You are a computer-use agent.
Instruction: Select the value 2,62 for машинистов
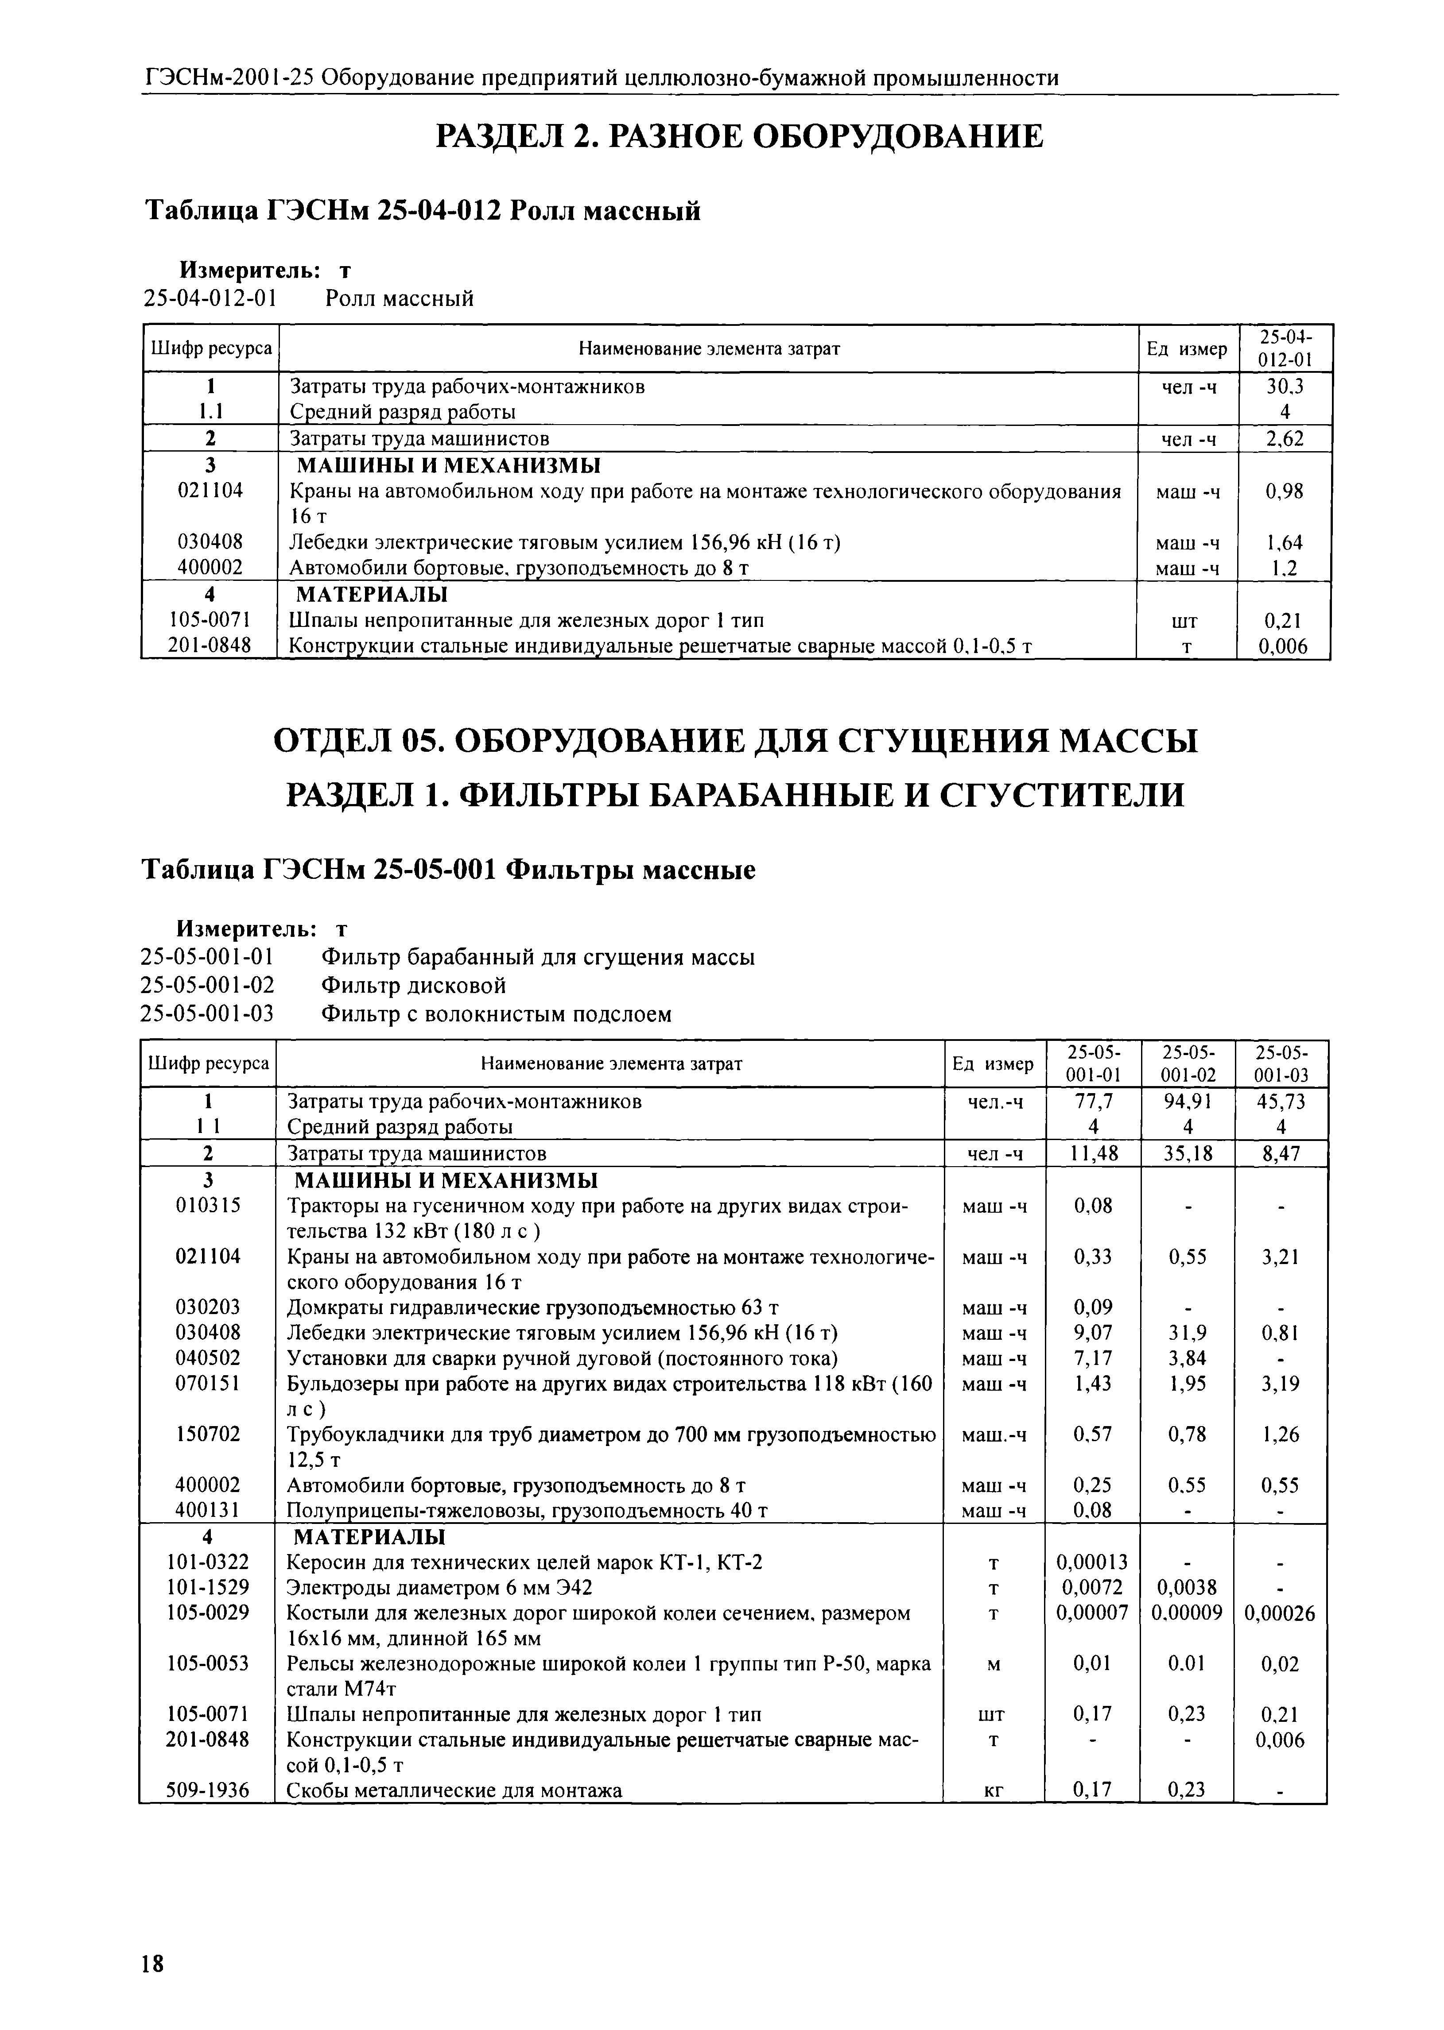pyautogui.click(x=1285, y=438)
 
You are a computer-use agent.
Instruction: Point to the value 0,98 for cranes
pyautogui.click(x=1285, y=491)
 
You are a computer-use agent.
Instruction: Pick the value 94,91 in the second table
pyautogui.click(x=1187, y=1102)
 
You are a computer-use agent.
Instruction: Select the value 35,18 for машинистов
pyautogui.click(x=1187, y=1154)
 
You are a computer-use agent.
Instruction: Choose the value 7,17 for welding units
pyautogui.click(x=1092, y=1358)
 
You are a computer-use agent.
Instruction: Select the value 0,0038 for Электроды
pyautogui.click(x=1187, y=1587)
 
